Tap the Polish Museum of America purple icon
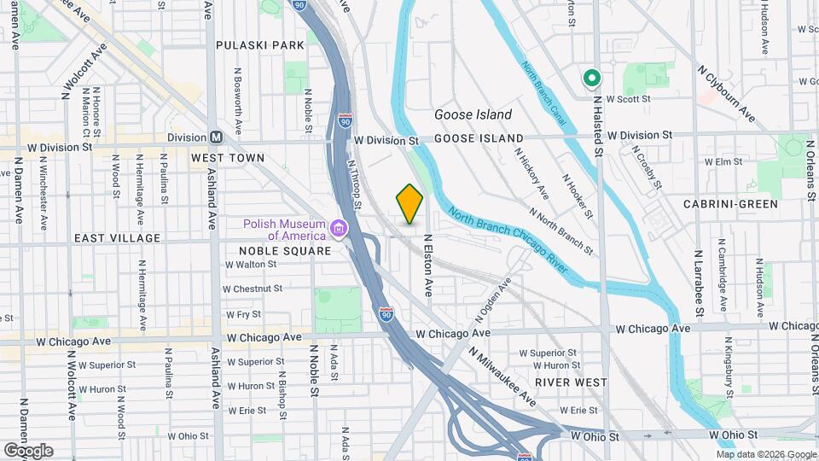tap(340, 229)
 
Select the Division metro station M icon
tap(216, 137)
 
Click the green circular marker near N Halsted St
tap(591, 79)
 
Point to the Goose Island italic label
tap(473, 114)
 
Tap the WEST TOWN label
tap(228, 158)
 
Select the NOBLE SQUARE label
tap(285, 251)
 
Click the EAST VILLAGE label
tap(117, 238)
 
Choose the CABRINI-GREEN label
tap(730, 204)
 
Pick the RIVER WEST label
tap(571, 382)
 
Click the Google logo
tap(28, 451)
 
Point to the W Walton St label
tap(250, 265)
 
